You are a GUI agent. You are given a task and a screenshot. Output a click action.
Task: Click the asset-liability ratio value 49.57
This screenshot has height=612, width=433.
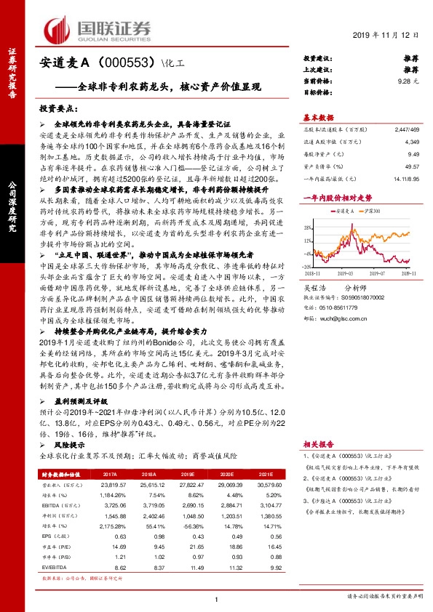coord(412,166)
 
